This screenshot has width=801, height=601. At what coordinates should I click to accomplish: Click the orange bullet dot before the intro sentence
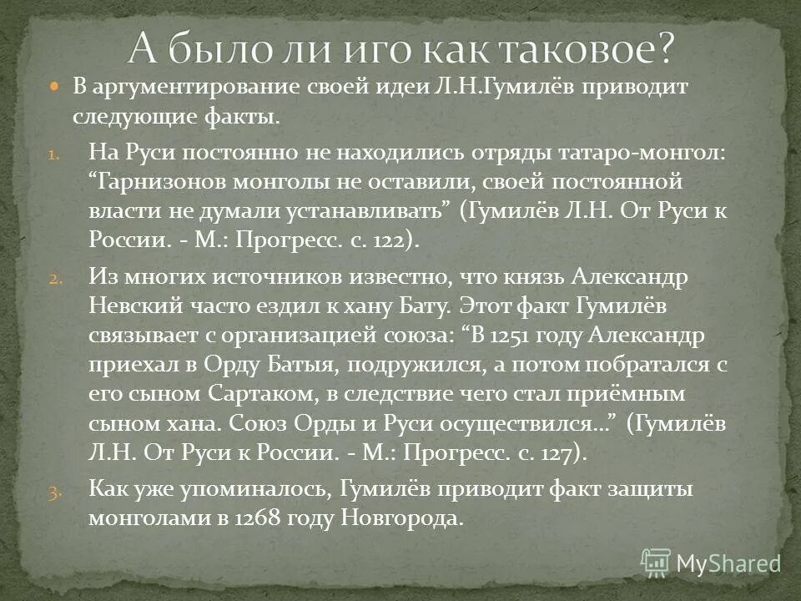coord(55,87)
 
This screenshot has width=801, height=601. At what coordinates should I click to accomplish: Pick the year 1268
coord(256,518)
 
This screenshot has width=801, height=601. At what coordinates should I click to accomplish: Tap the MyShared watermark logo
coord(710,563)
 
